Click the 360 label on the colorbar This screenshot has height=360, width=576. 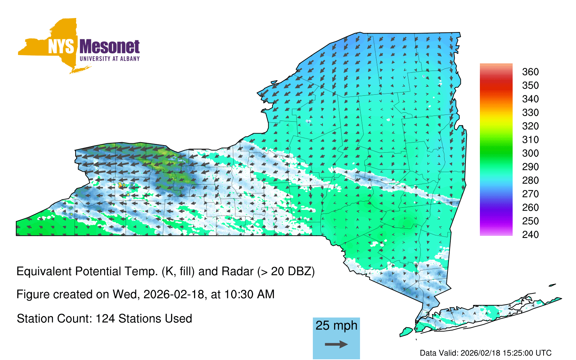coord(530,72)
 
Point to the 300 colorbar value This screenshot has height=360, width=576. coord(530,153)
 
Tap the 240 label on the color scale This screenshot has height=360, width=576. coord(530,234)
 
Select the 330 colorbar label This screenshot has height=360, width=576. coord(530,112)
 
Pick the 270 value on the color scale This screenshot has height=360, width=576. coord(530,194)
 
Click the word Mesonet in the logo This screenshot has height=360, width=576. coord(109,47)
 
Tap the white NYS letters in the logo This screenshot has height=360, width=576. coord(61,47)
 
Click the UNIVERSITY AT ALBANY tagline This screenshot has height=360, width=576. coord(110,59)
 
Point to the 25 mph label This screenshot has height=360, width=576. coord(336,326)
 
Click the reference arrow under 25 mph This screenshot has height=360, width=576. coord(336,344)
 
